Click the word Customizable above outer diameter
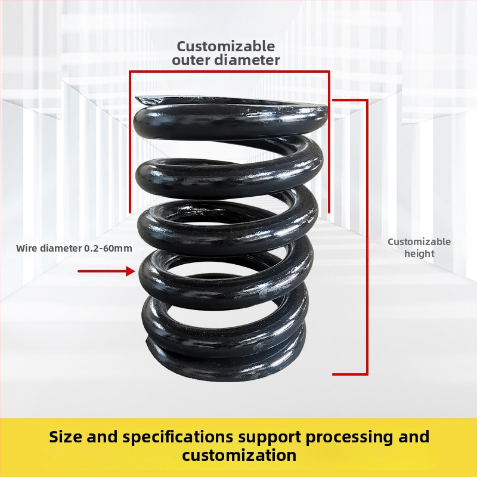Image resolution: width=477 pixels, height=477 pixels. (226, 47)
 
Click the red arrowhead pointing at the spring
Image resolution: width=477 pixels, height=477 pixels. (131, 271)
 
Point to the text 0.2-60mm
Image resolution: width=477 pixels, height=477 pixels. (108, 248)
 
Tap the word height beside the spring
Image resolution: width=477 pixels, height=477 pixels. (419, 254)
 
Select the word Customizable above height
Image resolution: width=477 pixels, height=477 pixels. (419, 242)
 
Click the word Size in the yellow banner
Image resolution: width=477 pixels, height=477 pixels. (66, 437)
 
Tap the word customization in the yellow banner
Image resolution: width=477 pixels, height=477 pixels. (239, 456)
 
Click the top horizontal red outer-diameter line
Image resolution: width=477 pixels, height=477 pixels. (230, 72)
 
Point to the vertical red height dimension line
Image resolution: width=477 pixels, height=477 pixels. (367, 237)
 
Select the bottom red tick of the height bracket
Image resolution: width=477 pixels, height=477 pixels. (350, 374)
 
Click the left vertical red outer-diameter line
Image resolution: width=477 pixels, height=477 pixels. (130, 142)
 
